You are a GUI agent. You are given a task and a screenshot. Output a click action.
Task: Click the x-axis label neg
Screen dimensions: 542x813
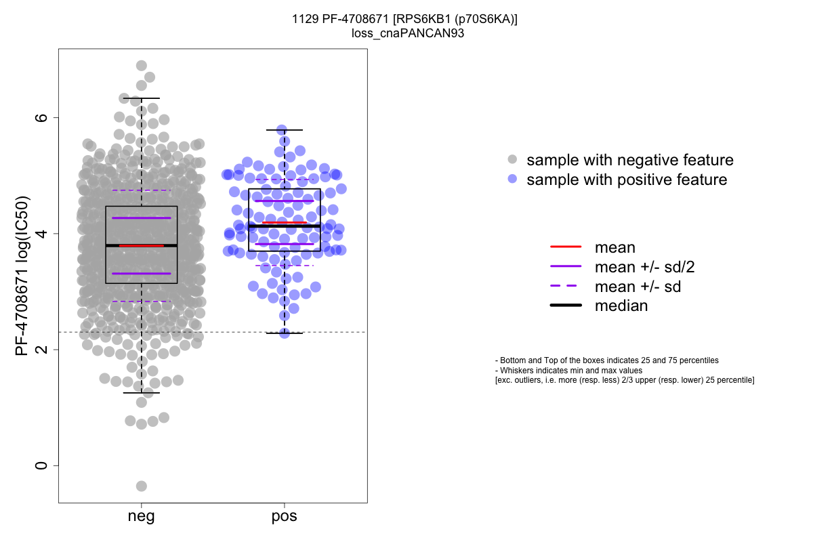pyautogui.click(x=141, y=517)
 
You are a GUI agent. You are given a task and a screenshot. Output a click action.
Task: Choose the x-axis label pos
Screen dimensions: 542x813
pyautogui.click(x=285, y=517)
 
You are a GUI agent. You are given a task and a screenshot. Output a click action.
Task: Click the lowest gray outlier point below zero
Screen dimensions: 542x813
pyautogui.click(x=142, y=486)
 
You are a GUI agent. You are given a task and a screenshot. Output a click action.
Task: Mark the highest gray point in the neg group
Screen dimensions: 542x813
pyautogui.click(x=142, y=66)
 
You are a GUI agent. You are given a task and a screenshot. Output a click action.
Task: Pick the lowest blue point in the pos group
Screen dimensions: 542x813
pyautogui.click(x=285, y=333)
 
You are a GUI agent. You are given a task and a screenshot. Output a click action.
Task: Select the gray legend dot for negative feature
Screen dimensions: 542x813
pyautogui.click(x=513, y=160)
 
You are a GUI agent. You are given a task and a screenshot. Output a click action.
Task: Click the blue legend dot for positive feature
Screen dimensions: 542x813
pyautogui.click(x=513, y=180)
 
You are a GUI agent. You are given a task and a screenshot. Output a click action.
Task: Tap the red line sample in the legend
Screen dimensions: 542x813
pyautogui.click(x=566, y=248)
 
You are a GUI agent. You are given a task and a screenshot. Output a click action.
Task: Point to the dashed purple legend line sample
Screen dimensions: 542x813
pyautogui.click(x=566, y=287)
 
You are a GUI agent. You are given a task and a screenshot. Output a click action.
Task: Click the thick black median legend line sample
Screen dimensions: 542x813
pyautogui.click(x=566, y=306)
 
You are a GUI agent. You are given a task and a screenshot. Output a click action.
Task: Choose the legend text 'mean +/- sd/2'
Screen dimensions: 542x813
pyautogui.click(x=644, y=267)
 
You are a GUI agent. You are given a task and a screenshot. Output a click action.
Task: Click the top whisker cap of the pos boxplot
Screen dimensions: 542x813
pyautogui.click(x=285, y=129)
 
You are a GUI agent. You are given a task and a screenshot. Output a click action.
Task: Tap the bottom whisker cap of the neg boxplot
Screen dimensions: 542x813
pyautogui.click(x=141, y=392)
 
